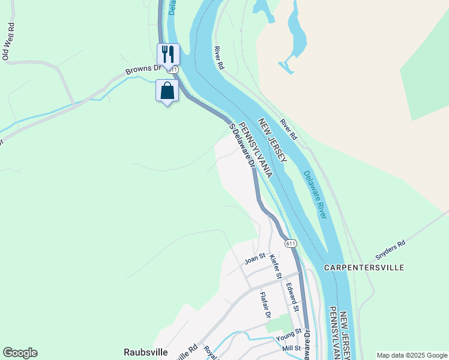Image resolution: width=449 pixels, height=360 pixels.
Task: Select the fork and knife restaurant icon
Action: click(168, 54)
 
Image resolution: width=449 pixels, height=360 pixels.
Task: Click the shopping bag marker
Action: click(167, 91)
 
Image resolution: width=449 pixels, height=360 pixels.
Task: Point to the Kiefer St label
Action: click(276, 266)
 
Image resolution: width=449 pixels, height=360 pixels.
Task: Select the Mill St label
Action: click(291, 348)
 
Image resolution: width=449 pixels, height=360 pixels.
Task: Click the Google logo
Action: click(20, 353)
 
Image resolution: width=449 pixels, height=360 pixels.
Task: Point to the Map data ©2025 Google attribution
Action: click(411, 355)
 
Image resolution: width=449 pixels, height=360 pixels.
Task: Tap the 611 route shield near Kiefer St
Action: click(291, 243)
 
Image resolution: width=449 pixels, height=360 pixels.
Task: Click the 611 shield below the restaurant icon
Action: click(173, 70)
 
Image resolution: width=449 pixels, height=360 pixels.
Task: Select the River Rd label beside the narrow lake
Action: click(219, 58)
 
